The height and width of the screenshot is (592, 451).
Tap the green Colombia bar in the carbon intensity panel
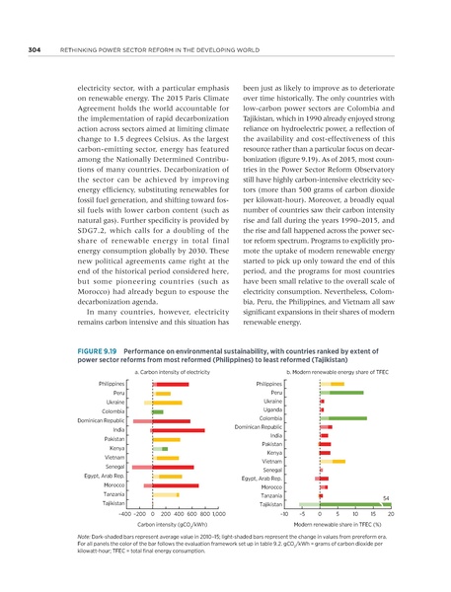158,410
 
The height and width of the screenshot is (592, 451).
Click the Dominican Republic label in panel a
100,421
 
